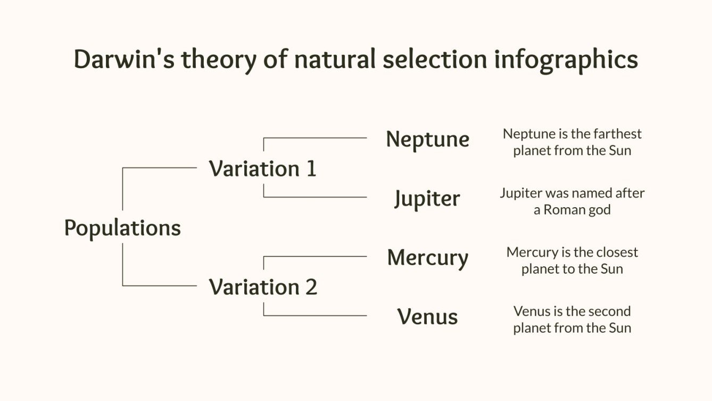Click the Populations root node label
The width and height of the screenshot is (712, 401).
(x=122, y=228)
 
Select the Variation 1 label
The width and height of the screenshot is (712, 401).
(x=262, y=169)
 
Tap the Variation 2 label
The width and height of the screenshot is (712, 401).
(x=263, y=287)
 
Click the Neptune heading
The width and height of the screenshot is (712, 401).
(x=427, y=140)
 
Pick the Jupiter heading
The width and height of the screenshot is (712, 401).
(x=427, y=199)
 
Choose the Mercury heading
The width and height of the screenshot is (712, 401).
(x=427, y=258)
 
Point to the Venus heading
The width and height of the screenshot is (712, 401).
(x=427, y=317)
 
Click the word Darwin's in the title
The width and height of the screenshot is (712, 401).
(x=123, y=59)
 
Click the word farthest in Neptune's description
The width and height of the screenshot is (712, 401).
(x=617, y=134)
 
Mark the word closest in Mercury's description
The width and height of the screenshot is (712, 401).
(x=617, y=252)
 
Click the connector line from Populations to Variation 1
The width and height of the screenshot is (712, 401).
(x=160, y=168)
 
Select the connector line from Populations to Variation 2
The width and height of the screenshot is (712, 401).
(x=160, y=286)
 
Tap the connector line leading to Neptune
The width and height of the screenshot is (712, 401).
(x=314, y=138)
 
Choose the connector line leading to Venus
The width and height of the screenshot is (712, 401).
(x=314, y=315)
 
